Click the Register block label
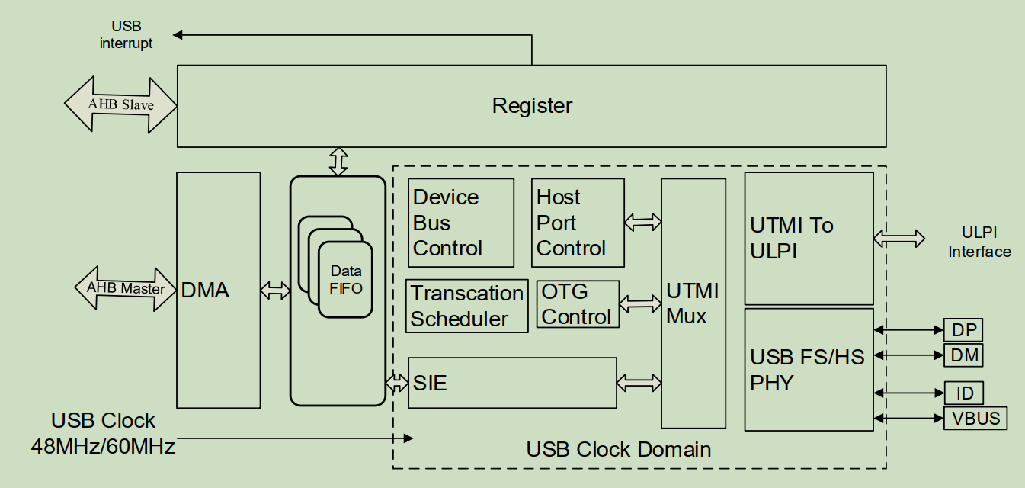(x=532, y=106)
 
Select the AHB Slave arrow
(x=120, y=104)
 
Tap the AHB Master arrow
(x=126, y=288)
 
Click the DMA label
(x=205, y=290)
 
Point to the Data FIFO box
(x=345, y=280)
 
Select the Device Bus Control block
(x=461, y=223)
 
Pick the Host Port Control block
(x=577, y=223)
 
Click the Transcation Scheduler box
(x=467, y=306)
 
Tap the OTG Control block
(x=578, y=304)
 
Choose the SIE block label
(x=431, y=383)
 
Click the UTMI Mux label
(x=693, y=303)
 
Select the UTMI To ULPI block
(x=809, y=238)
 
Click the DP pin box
(x=963, y=330)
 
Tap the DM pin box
(x=963, y=355)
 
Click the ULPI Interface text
(x=979, y=242)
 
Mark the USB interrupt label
(x=127, y=35)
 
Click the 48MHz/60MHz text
(x=103, y=446)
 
